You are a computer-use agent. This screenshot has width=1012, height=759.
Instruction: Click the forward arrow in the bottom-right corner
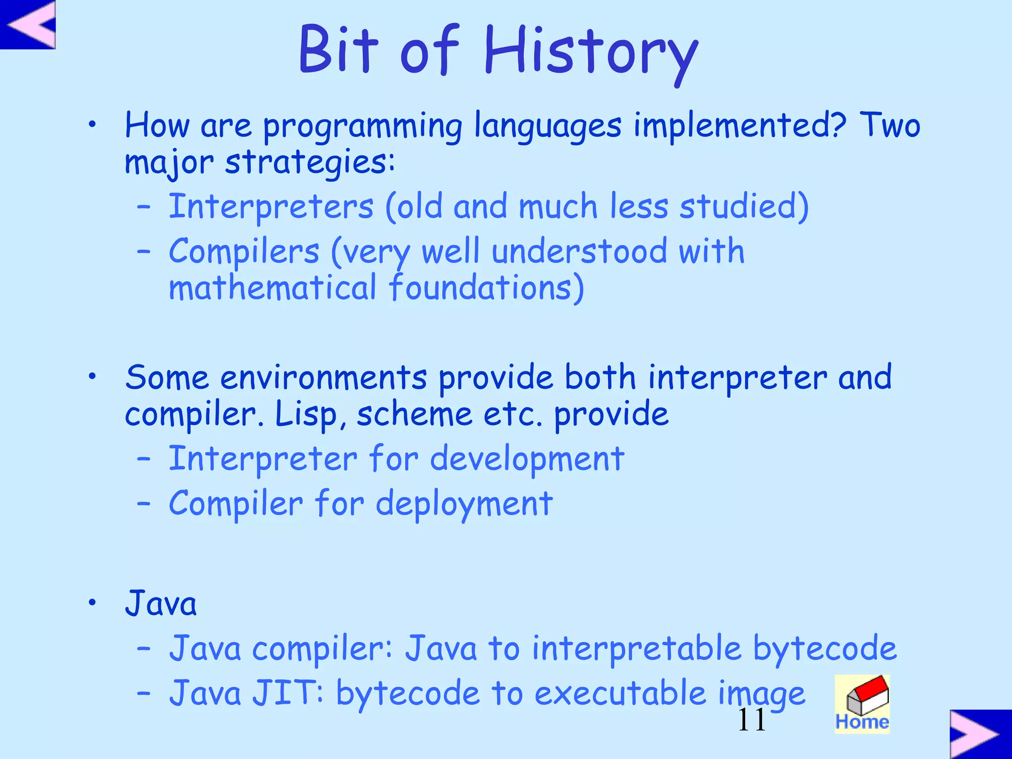(x=980, y=734)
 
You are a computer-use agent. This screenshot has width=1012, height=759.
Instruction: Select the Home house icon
(x=862, y=704)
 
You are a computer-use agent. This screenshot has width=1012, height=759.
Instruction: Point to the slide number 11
(x=752, y=720)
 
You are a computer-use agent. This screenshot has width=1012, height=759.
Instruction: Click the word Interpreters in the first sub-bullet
(x=271, y=207)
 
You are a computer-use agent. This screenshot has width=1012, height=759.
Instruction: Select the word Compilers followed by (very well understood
(x=244, y=252)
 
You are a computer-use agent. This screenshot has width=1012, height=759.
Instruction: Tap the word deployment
(x=464, y=505)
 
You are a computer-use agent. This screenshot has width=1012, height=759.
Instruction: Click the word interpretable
(x=636, y=648)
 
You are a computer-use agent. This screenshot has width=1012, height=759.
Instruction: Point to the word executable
(x=620, y=693)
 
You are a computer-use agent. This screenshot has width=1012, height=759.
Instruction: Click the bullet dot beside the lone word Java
(x=92, y=602)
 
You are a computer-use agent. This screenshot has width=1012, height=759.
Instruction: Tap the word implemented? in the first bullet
(x=740, y=126)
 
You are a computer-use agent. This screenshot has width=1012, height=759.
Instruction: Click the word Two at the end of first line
(x=890, y=126)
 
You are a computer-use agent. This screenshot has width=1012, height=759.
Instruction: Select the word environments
(x=324, y=378)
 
